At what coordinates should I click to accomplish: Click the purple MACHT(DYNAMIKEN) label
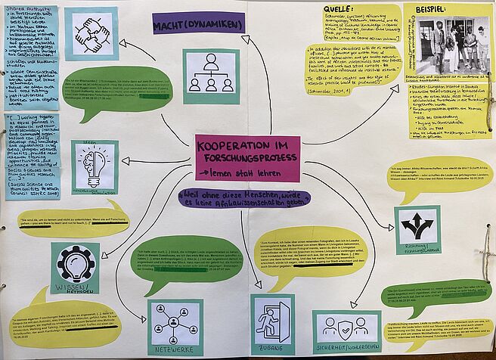point(198,25)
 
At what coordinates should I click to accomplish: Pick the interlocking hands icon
point(91,33)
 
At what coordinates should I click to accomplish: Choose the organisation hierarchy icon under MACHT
point(211,73)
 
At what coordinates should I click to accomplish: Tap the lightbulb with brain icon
point(95,165)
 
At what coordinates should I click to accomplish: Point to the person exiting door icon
point(273,320)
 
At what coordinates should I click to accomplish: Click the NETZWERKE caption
point(175,350)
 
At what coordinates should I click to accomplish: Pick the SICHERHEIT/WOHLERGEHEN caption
point(347,351)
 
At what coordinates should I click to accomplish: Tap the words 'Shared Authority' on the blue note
point(22,11)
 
